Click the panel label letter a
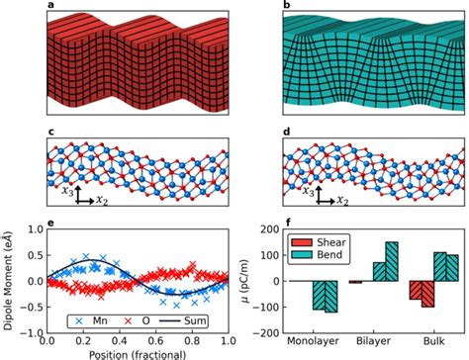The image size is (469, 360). click(x=49, y=7)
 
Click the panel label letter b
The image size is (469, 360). click(x=286, y=7)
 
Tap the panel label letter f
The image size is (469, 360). click(x=286, y=223)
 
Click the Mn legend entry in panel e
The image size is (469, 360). click(x=79, y=319)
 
